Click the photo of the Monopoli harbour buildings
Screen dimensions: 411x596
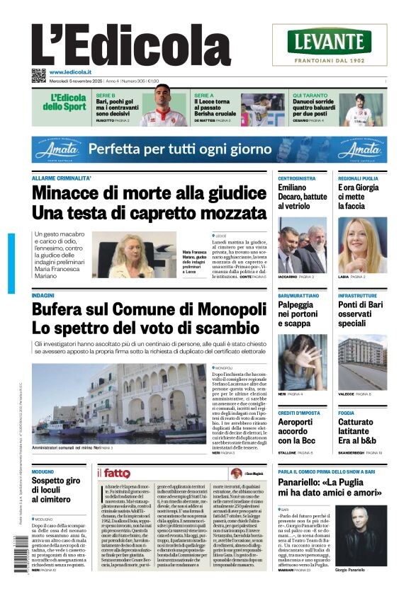coord(119,403)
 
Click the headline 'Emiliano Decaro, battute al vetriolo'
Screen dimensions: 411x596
coord(302,197)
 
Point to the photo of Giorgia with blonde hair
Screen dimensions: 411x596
coord(362,245)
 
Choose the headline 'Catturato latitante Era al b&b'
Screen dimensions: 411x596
coord(360,431)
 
